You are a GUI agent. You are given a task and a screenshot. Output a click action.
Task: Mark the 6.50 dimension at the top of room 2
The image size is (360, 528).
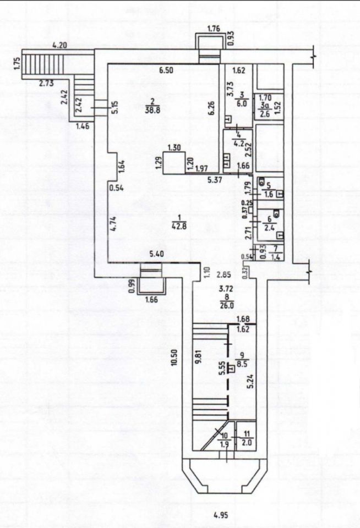166,70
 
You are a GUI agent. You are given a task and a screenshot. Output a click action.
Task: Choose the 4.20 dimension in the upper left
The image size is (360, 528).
59,46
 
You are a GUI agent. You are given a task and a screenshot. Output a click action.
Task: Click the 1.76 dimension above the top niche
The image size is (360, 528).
214,29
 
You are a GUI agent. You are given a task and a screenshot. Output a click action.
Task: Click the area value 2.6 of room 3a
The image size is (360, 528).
265,114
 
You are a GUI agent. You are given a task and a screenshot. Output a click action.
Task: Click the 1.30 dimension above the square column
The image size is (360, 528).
173,147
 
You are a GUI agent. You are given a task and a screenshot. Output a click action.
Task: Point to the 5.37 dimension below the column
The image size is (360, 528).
214,179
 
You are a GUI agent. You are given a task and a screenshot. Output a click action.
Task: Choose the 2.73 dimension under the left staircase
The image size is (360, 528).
46,83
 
